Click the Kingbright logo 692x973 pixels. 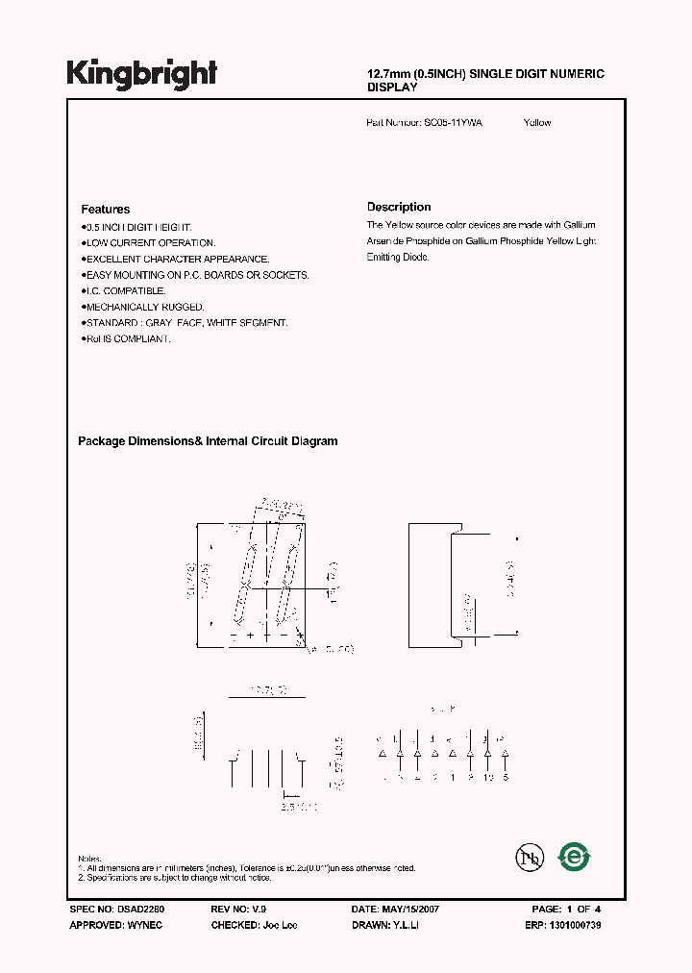pos(141,74)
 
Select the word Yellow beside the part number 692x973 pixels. pos(537,123)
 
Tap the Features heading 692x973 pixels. pos(105,209)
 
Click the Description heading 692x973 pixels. pos(399,207)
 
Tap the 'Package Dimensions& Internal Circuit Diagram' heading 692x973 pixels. pos(208,441)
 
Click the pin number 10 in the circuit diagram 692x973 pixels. pos(487,777)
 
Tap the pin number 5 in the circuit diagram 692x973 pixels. pos(505,777)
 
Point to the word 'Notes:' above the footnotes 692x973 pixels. pos(90,859)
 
